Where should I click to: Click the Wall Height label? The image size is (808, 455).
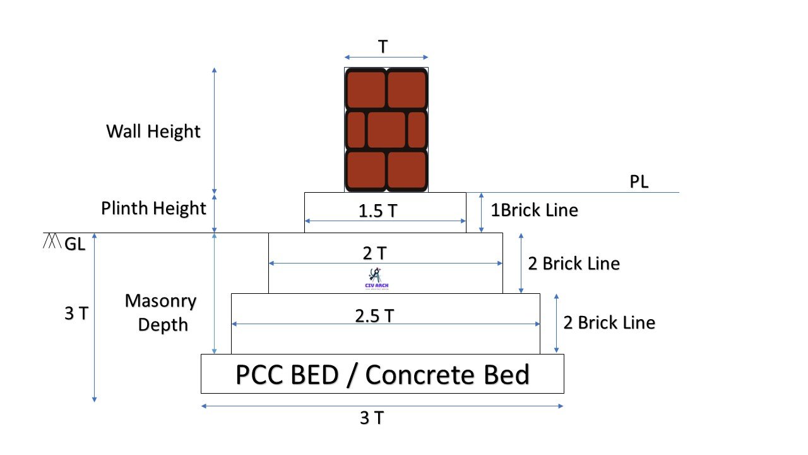[x=153, y=131]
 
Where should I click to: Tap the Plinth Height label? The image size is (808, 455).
[x=153, y=208]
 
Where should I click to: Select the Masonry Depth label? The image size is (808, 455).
[x=160, y=312]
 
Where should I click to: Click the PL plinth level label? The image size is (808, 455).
[x=639, y=182]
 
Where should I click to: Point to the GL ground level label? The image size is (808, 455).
[x=75, y=245]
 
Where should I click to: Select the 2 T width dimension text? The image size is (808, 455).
[x=374, y=253]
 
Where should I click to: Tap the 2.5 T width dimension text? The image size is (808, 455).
[x=374, y=315]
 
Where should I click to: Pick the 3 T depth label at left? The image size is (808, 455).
[x=76, y=313]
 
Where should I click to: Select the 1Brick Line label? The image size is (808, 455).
[x=535, y=210]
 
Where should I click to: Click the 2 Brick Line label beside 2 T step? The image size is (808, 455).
[x=573, y=263]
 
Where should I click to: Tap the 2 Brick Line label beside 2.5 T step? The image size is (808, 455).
[x=609, y=322]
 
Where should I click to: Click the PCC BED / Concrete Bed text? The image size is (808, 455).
[x=382, y=374]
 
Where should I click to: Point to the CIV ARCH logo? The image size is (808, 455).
[x=377, y=279]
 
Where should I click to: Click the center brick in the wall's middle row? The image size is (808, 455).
[x=386, y=130]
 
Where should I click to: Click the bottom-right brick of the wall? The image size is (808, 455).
[x=407, y=170]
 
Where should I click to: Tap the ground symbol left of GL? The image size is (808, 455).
[x=52, y=241]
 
